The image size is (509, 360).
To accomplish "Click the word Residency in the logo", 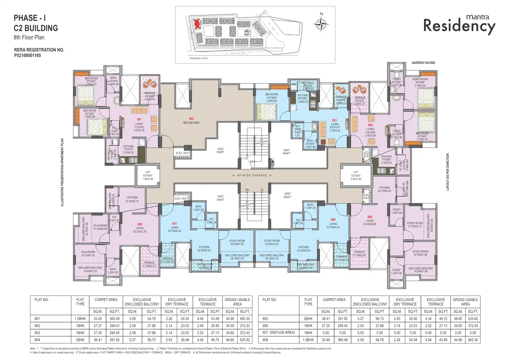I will click(x=459, y=26).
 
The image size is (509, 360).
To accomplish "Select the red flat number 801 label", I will click(x=139, y=120).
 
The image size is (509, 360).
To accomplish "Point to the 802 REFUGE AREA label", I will click(x=191, y=121).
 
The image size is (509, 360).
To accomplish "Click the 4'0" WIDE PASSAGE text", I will click(x=252, y=175).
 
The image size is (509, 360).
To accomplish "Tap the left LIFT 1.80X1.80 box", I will click(x=148, y=176).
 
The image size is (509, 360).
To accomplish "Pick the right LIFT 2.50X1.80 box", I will click(x=356, y=176).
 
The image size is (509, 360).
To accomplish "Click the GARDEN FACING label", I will click(x=423, y=63).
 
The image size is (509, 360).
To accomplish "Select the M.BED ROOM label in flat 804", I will click(x=420, y=79).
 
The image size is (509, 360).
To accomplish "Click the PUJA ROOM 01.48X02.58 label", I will click(x=100, y=227).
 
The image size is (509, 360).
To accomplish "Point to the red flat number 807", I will click(x=175, y=224).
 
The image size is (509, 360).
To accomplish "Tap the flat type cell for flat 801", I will click(x=80, y=319).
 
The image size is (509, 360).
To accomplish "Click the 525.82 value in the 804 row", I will click(x=245, y=340).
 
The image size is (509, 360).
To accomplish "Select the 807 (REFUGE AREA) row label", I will click(x=279, y=333).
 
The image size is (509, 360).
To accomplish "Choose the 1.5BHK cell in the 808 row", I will click(x=308, y=340).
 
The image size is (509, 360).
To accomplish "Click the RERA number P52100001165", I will click(x=28, y=56).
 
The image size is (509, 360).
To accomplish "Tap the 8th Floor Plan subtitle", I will click(x=29, y=37).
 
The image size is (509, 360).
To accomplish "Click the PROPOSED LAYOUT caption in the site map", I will click(x=199, y=58).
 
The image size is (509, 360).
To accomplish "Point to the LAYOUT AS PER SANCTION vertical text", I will click(x=447, y=172).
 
